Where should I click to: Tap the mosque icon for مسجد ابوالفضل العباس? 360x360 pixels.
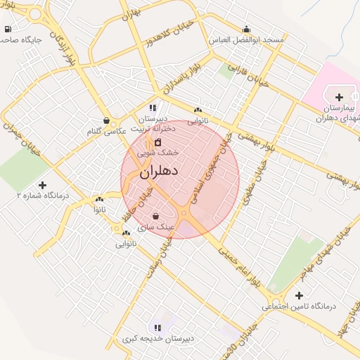click(247, 30)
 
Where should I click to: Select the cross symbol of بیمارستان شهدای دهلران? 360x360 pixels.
click(340, 97)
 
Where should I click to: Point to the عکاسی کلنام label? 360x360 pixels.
click(106, 131)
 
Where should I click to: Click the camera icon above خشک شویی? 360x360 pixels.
click(157, 143)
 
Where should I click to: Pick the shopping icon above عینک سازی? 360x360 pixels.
click(155, 217)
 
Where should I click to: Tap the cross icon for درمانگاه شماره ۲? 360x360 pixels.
click(42, 186)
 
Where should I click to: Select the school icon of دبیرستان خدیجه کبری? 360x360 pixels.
click(157, 328)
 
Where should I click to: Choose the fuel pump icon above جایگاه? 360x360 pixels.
click(8, 30)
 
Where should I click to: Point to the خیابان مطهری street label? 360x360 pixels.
click(248, 189)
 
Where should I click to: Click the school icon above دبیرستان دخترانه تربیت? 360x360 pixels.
click(153, 108)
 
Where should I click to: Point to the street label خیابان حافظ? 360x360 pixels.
click(139, 198)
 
